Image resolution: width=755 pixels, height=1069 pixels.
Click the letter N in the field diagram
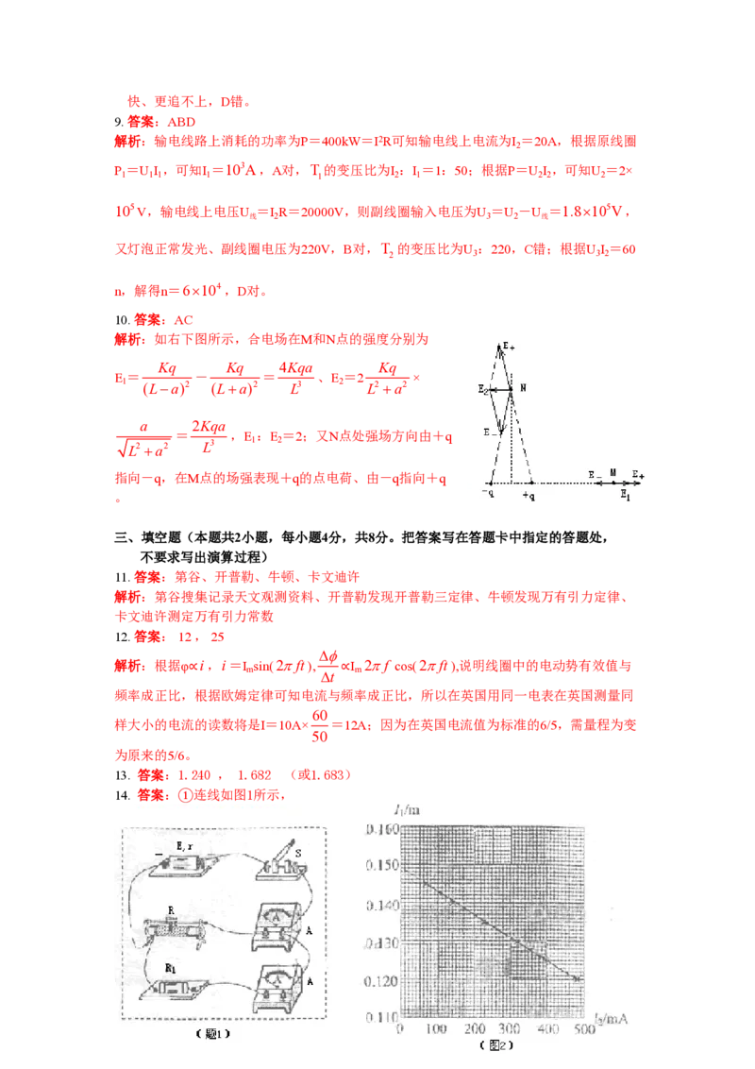[522, 388]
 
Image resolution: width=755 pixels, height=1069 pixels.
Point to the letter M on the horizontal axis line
[612, 471]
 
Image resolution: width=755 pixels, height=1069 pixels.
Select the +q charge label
[528, 496]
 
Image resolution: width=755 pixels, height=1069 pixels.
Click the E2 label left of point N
[483, 389]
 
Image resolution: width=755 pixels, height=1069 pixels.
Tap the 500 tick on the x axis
[585, 1029]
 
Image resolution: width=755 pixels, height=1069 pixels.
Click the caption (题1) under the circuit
[212, 1034]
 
